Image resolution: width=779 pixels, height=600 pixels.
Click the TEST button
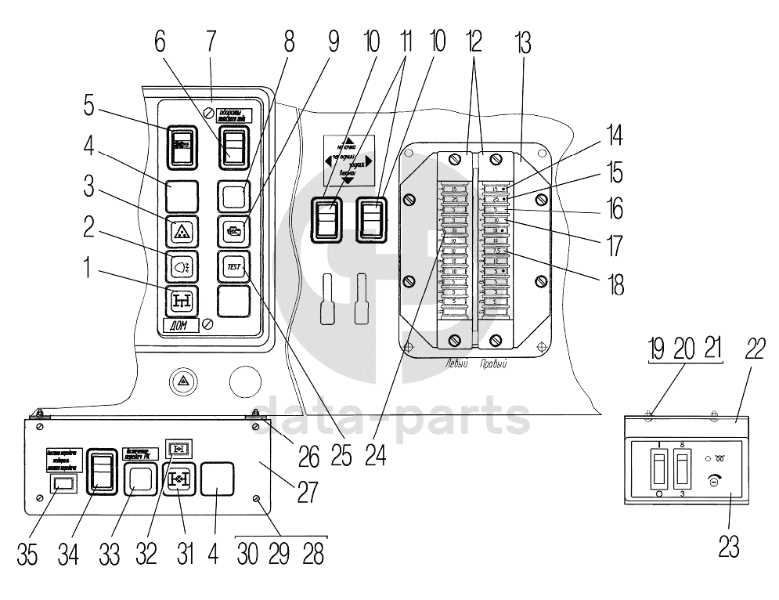[233, 266]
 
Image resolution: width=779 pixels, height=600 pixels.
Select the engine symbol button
[233, 231]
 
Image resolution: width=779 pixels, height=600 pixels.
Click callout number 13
[522, 44]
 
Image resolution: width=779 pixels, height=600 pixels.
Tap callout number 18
[618, 284]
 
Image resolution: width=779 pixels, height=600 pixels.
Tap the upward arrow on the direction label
[349, 142]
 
